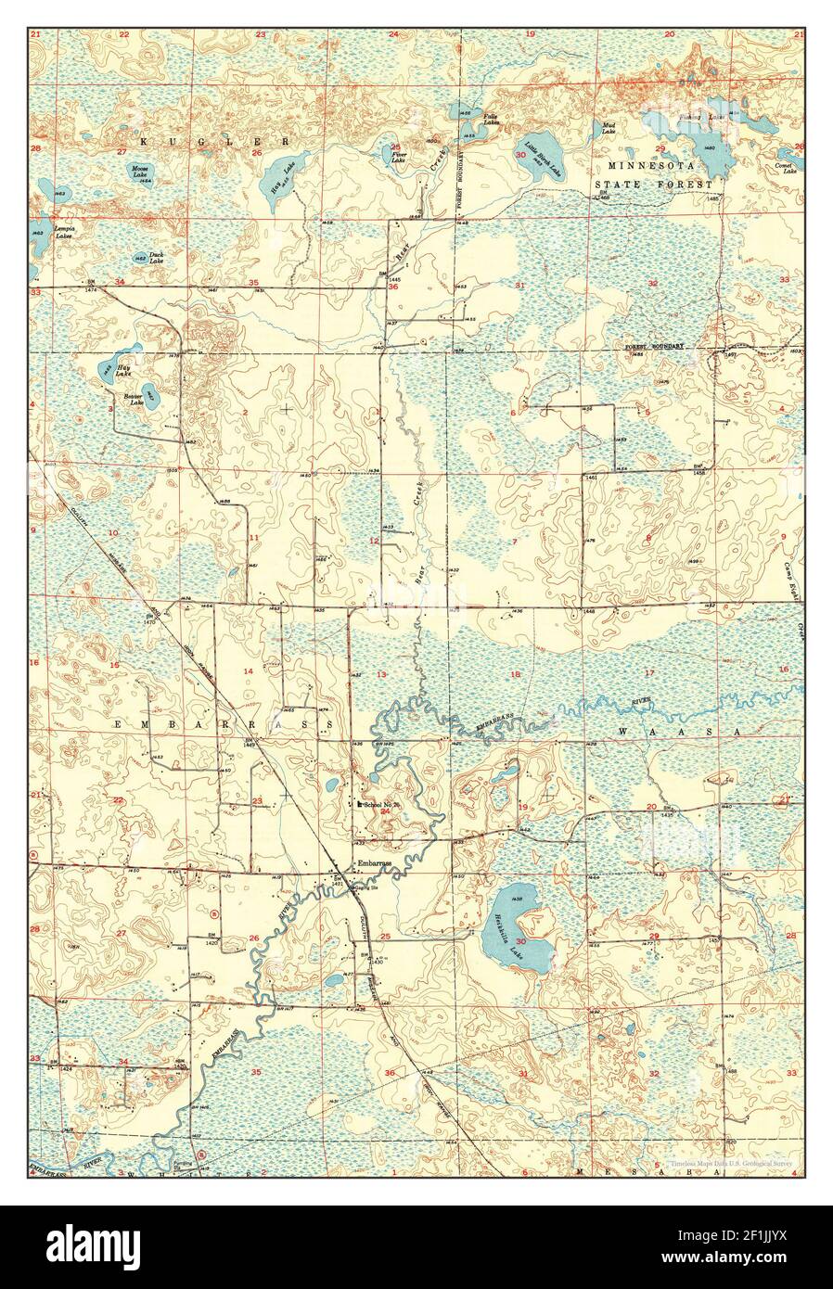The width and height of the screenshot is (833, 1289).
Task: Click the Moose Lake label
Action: tap(140, 172)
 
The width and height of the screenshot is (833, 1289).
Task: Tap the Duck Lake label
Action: tap(157, 257)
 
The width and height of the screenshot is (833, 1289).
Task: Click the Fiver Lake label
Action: tap(398, 158)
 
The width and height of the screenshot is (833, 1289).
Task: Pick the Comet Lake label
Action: tap(789, 169)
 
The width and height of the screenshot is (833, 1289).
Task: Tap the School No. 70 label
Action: tap(380, 804)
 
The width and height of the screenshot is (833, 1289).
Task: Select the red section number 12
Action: tap(375, 541)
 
